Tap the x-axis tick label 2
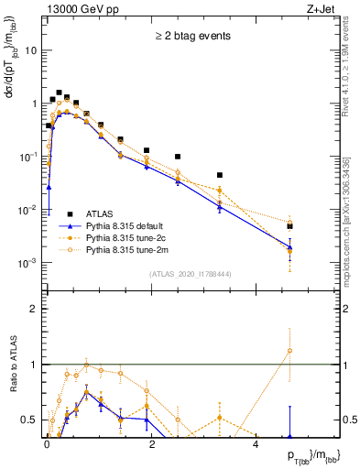pos(151,443)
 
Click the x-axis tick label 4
pos(256,443)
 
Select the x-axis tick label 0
pos(47,443)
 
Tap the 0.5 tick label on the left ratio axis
pos(30,420)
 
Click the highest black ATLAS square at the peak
pos(59,93)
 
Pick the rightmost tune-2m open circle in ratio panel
pos(289,351)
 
